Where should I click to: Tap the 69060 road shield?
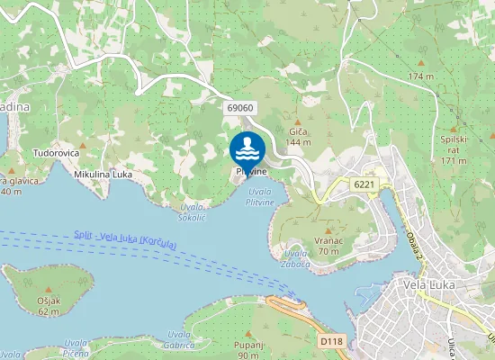[x=240, y=108]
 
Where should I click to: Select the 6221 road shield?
[x=364, y=184]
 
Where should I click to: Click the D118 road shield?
[x=331, y=342]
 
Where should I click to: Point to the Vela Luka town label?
[x=430, y=284]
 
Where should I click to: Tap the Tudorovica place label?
[x=56, y=154]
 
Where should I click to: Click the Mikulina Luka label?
[x=103, y=174]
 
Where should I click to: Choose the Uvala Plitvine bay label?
[x=260, y=198]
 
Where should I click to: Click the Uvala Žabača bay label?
[x=296, y=259]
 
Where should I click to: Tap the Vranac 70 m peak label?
[x=328, y=246]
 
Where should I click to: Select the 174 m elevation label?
[x=420, y=76]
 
